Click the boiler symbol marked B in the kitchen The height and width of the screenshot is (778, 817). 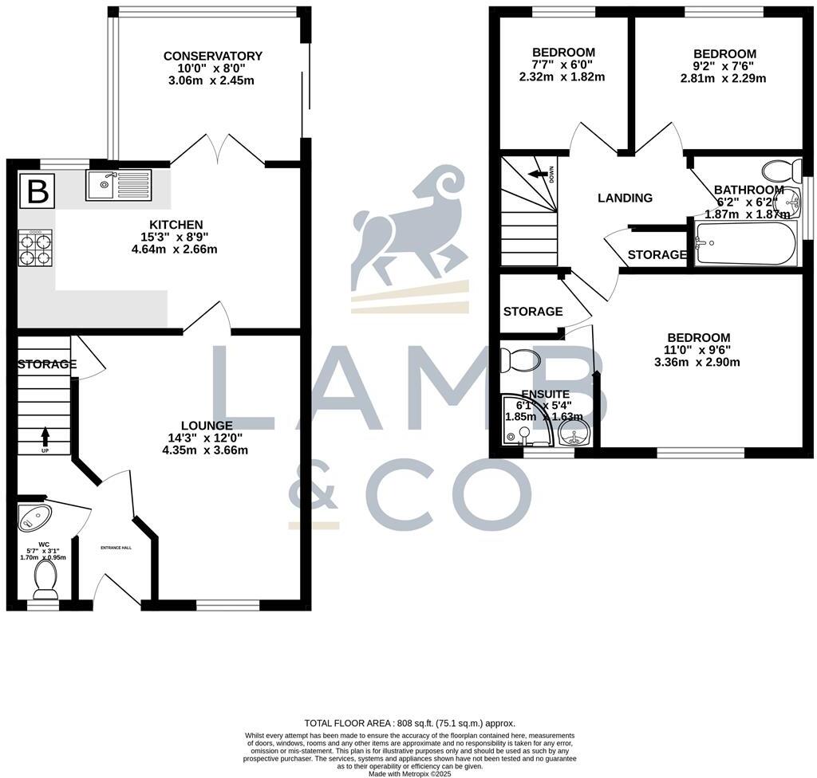click(37, 191)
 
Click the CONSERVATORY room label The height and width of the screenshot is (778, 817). click(213, 56)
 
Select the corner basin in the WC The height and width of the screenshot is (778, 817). click(34, 517)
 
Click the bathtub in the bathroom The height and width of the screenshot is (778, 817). click(745, 243)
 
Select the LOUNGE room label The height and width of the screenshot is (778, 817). click(207, 426)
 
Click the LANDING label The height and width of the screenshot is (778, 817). click(626, 198)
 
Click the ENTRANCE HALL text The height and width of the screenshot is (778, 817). click(116, 548)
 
